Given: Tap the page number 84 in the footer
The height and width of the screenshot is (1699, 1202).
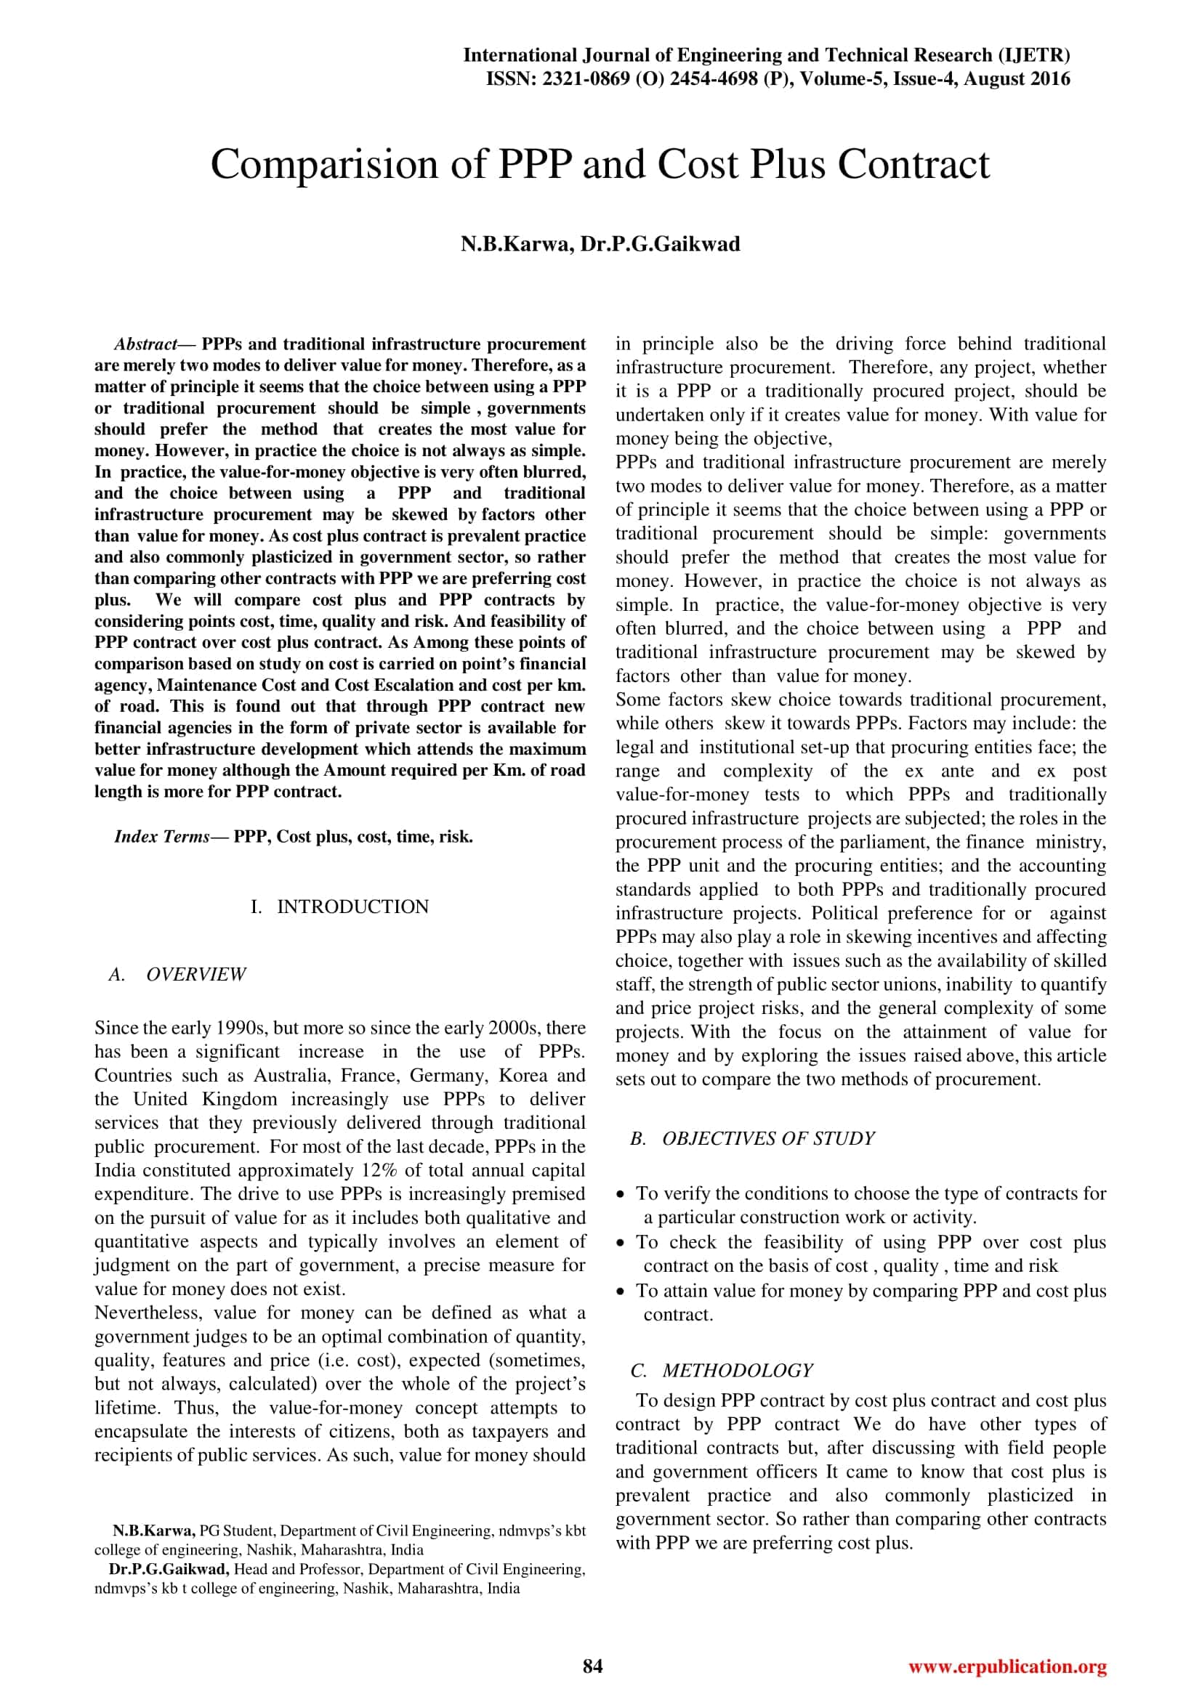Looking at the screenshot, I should click(x=593, y=1666).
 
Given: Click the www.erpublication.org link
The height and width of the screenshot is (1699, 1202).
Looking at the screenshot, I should click(x=1007, y=1666).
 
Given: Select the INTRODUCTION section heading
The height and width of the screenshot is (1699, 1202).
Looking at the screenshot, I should click(x=352, y=907).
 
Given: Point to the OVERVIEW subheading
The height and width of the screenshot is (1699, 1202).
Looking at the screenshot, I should click(x=196, y=975).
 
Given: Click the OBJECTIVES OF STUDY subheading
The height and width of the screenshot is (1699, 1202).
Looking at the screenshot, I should click(x=768, y=1138).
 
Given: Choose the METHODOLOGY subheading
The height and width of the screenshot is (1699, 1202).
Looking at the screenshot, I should click(x=737, y=1371).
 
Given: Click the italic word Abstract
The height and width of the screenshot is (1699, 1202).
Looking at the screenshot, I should click(x=145, y=344).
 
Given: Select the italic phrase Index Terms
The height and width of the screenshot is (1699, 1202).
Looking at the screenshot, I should click(x=161, y=837).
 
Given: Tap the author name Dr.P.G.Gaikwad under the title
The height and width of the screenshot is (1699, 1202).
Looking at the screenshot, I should click(x=659, y=244).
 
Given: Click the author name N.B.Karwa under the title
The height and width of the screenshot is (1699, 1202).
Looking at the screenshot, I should click(x=516, y=244).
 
